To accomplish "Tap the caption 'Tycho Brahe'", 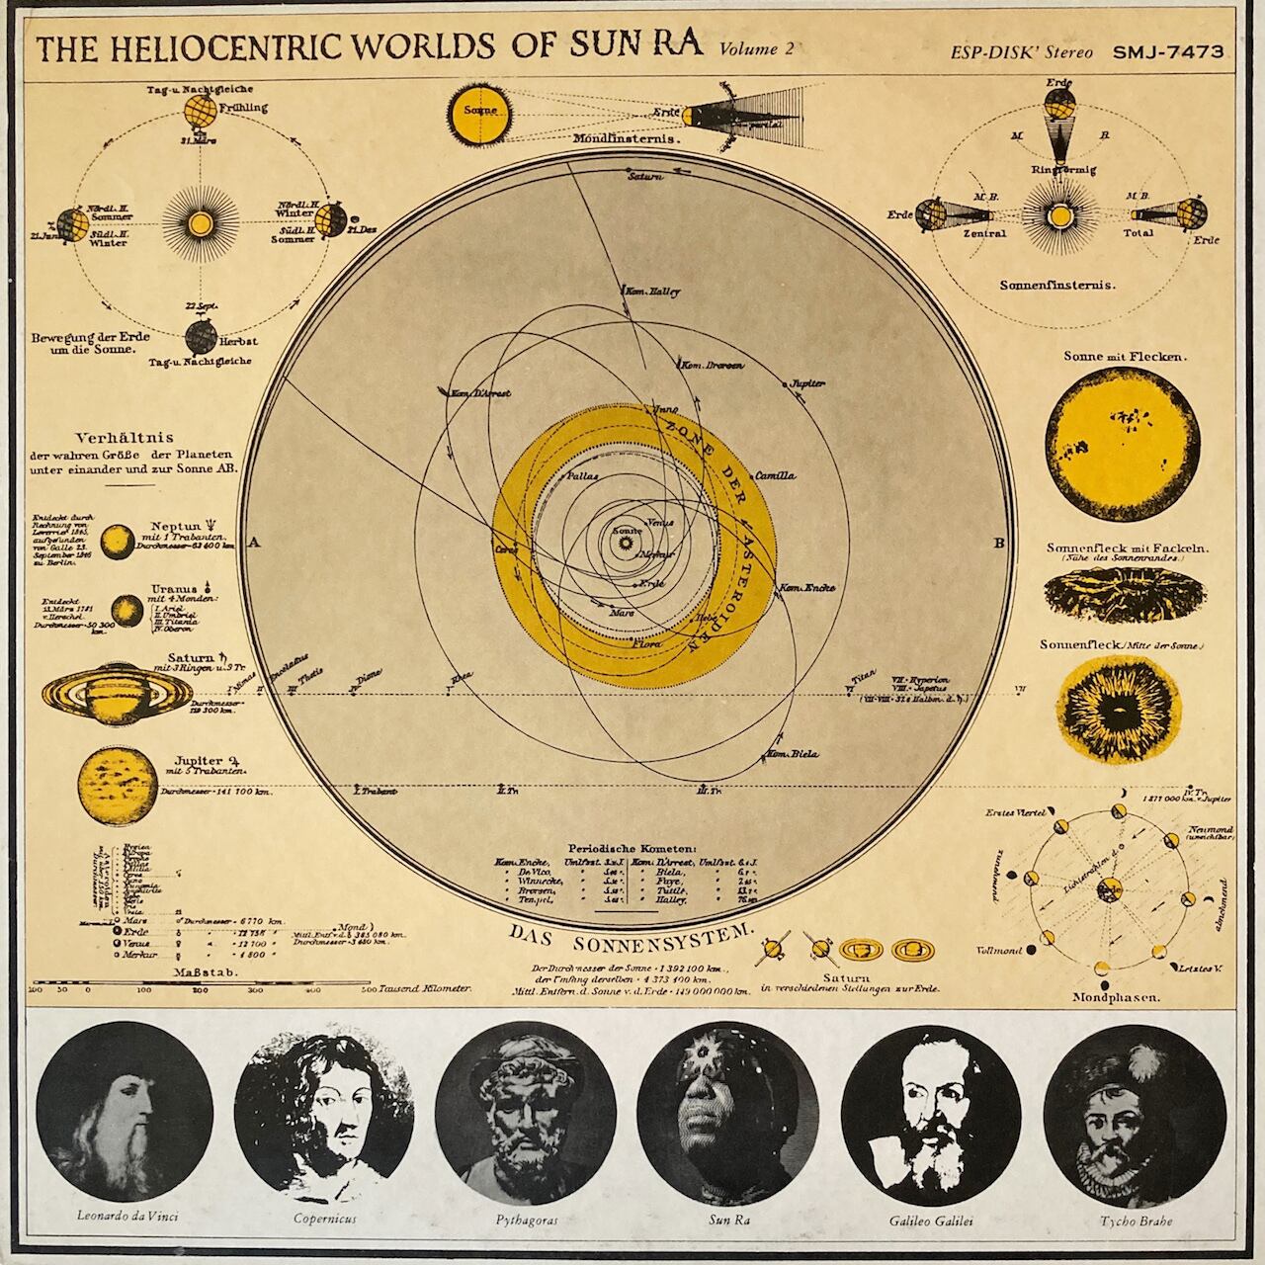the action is click(1137, 1220).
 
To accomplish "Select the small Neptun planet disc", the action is click(119, 540).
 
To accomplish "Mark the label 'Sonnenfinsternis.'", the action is click(1057, 285).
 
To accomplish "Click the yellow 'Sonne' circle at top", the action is click(480, 112).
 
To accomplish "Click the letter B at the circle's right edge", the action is click(998, 543).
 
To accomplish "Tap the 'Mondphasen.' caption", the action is click(1116, 998).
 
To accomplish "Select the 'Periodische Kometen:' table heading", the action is click(632, 848).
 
